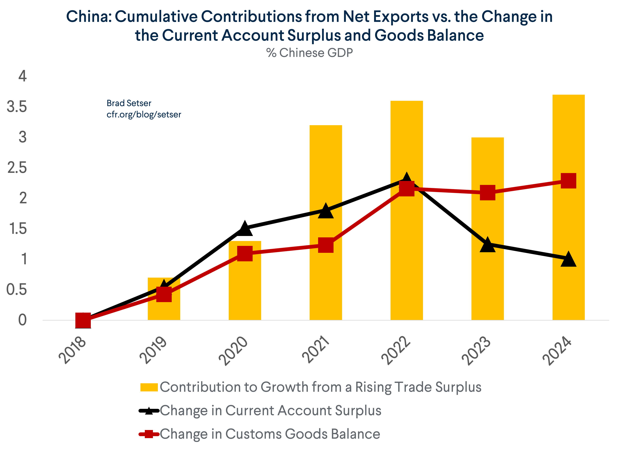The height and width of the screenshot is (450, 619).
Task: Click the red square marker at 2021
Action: (x=326, y=245)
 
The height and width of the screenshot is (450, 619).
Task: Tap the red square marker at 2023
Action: (x=487, y=192)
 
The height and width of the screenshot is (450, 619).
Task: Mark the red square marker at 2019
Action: (x=164, y=294)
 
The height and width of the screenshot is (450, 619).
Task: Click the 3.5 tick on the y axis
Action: (x=17, y=107)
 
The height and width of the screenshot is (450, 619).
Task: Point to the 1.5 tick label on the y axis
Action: (x=18, y=228)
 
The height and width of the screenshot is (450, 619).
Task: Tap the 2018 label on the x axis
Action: (x=72, y=351)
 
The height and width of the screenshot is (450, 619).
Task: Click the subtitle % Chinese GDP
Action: (x=309, y=53)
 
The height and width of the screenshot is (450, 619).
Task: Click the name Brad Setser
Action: (x=129, y=103)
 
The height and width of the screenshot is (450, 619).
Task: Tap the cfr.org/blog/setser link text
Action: (x=144, y=114)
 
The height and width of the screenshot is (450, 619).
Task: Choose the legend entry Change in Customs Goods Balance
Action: (x=270, y=434)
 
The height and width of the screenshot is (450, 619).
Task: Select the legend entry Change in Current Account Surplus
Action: (x=270, y=410)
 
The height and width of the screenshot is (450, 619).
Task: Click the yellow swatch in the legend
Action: (x=149, y=387)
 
